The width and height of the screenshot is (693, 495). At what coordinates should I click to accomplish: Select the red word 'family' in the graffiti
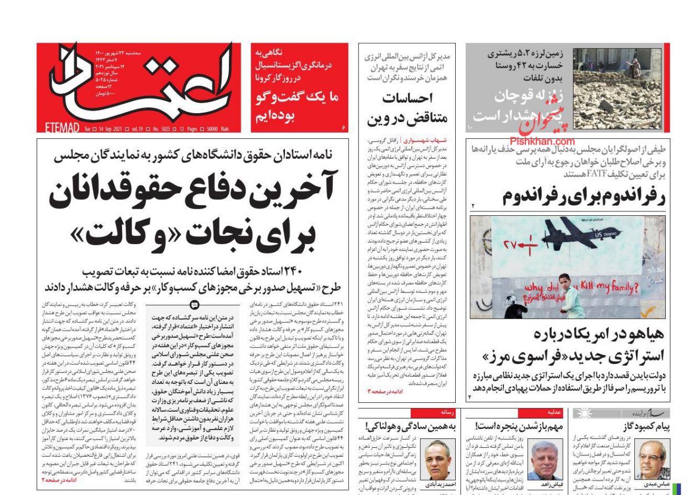(x=618, y=288)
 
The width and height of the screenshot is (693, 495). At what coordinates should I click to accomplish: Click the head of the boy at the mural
(x=564, y=279)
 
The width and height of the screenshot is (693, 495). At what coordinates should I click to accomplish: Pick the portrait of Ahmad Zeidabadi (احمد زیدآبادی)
(x=437, y=459)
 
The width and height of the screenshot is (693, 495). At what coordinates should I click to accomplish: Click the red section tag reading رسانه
(x=448, y=412)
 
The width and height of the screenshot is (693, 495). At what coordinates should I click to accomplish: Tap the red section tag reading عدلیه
(x=554, y=412)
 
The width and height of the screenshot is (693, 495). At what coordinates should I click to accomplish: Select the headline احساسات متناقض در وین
(x=407, y=109)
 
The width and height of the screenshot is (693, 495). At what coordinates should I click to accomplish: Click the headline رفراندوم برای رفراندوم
(x=583, y=196)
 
